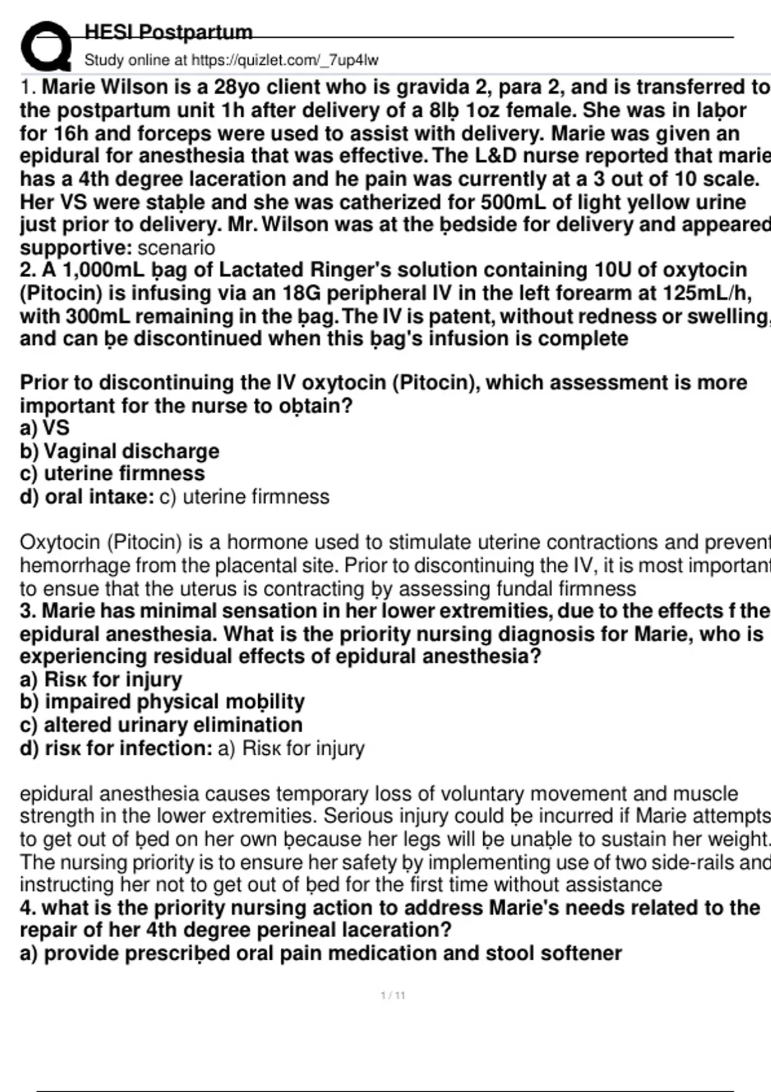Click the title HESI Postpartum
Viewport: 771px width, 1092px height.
tap(168, 32)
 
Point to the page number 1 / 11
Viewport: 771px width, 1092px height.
tap(393, 996)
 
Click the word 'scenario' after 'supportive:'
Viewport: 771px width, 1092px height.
tap(176, 248)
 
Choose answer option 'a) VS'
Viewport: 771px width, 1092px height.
tap(44, 428)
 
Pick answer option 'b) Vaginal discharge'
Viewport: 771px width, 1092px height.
tap(120, 452)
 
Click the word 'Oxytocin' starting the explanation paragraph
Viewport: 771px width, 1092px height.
tap(59, 543)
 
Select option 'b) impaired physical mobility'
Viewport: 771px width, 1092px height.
tap(162, 701)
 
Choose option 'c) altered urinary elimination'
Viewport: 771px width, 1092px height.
tap(161, 725)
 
